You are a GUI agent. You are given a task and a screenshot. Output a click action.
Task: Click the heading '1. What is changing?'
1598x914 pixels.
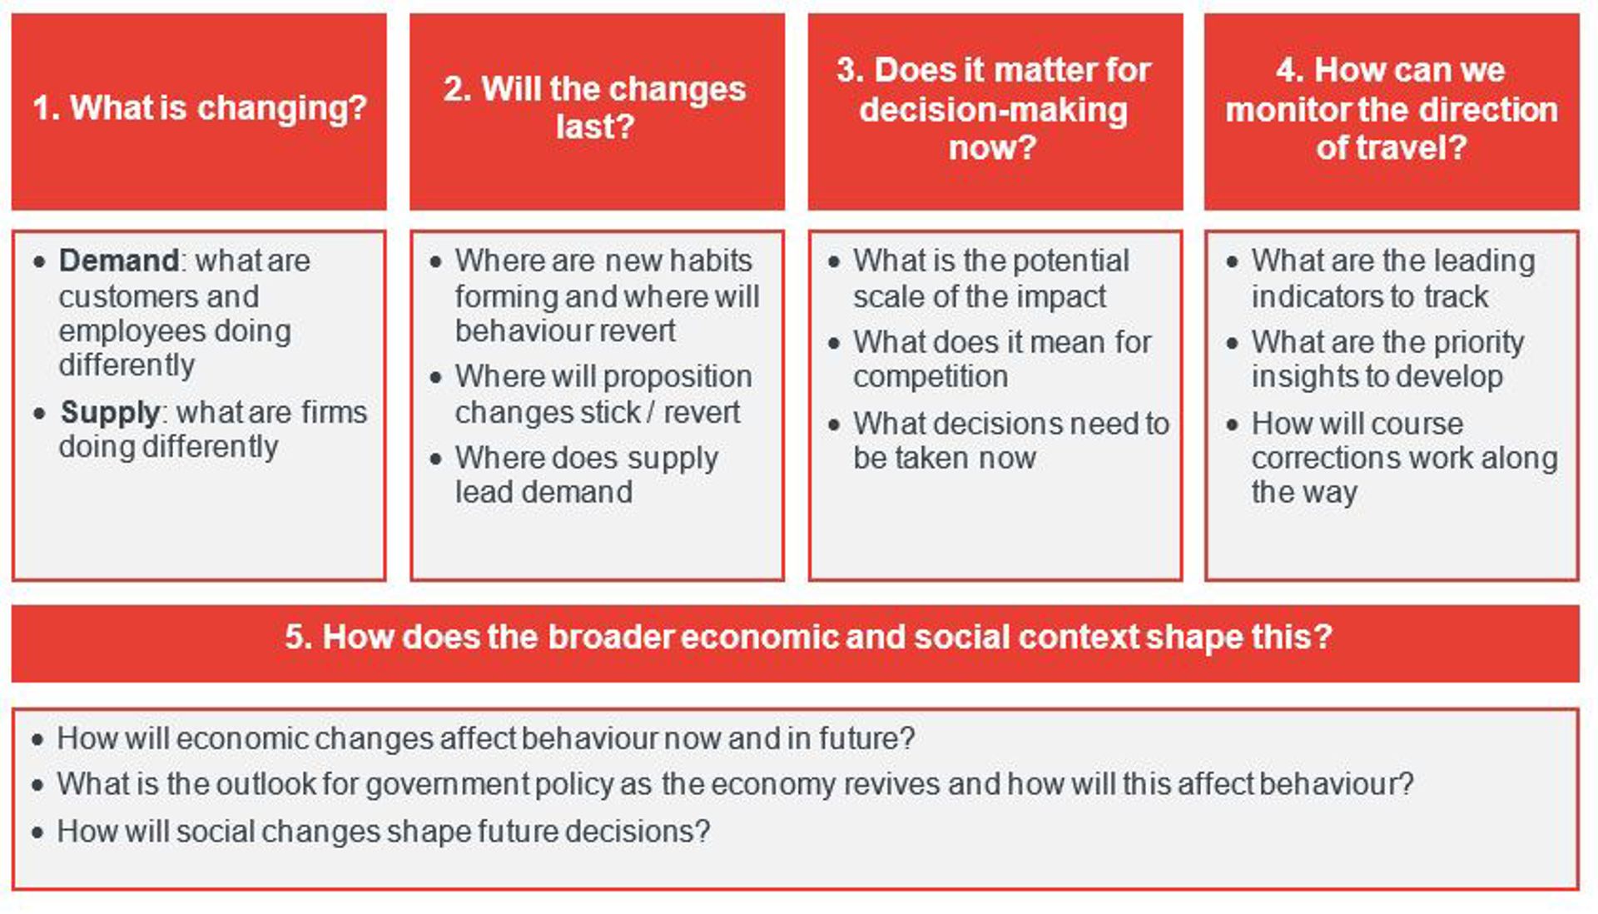(200, 108)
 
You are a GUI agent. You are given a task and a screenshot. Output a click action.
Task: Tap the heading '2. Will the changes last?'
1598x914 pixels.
(595, 107)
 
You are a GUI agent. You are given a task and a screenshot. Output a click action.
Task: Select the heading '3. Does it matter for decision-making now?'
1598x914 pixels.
(994, 108)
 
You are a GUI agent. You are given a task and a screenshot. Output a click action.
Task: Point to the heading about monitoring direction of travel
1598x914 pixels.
(1391, 108)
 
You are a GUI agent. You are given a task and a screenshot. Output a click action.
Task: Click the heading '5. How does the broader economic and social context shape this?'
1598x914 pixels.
(808, 637)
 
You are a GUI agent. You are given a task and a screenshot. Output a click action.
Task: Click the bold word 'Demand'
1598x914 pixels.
(118, 261)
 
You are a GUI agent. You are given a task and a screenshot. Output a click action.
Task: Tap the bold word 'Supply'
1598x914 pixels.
(109, 413)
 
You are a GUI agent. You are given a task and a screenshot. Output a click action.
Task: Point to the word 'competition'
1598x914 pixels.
(931, 377)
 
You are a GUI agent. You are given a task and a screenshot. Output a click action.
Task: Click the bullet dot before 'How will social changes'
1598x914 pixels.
(37, 832)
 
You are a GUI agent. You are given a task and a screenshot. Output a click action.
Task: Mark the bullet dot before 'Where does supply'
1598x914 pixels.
(435, 459)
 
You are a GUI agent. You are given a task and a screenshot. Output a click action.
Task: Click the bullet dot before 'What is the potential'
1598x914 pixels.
(834, 261)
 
